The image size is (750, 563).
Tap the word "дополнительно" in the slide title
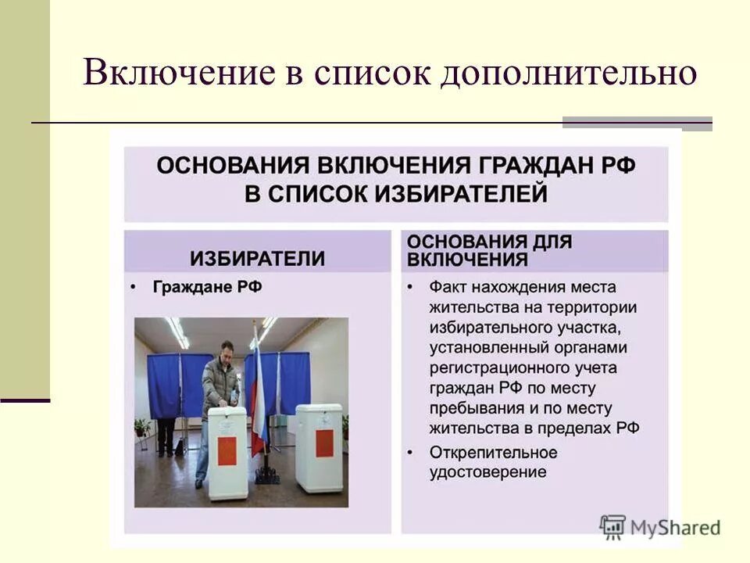pos(567,74)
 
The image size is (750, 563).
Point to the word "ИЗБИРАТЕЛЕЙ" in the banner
pos(455,192)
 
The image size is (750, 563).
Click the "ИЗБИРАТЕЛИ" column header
pos(257,258)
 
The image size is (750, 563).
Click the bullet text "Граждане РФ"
pos(207,287)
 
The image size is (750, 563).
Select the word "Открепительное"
pos(493,452)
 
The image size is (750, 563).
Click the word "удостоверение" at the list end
pos(487,472)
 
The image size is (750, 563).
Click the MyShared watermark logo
pos(660,526)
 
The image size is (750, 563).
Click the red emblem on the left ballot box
pos(227,450)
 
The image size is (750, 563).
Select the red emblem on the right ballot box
pos(323,443)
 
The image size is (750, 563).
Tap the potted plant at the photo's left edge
pos(142,428)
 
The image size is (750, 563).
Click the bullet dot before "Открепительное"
pos(411,453)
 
